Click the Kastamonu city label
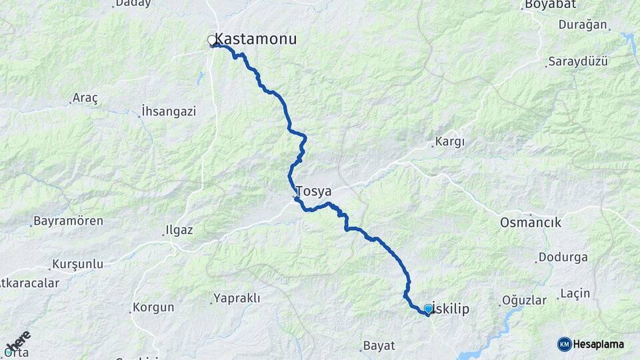tap(257, 39)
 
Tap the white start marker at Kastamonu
tap(212, 41)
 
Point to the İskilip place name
tap(453, 309)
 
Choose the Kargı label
tap(449, 141)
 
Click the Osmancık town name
tap(531, 223)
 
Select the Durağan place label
tap(585, 25)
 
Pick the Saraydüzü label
tap(578, 61)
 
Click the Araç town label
tap(86, 99)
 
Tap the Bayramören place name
tap(69, 221)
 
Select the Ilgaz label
tap(179, 231)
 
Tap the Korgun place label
tap(153, 307)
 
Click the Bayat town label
tap(379, 346)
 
